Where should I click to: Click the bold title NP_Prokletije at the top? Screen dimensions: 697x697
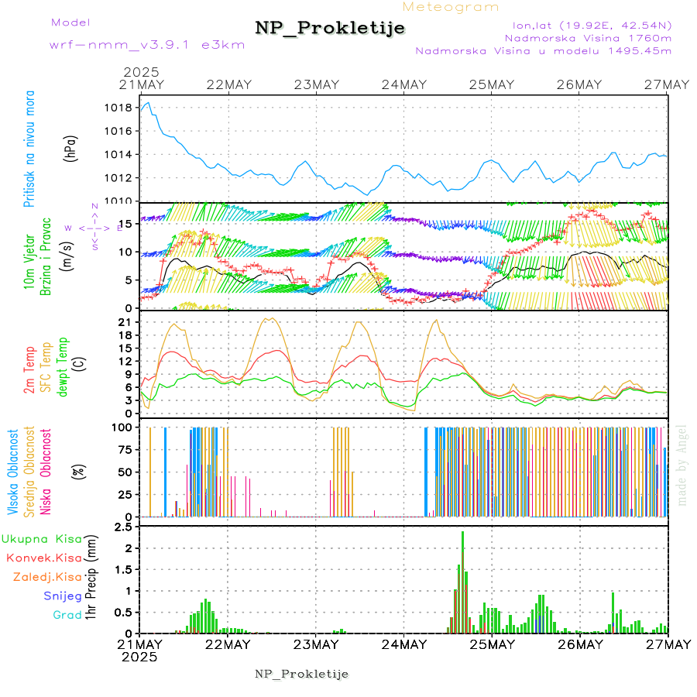(x=330, y=29)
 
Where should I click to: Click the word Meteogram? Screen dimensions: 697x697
(x=451, y=7)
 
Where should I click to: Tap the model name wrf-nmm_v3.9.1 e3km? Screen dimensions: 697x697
(x=146, y=44)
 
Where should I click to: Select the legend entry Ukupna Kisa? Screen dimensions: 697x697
(x=42, y=538)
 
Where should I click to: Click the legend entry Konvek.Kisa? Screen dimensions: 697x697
(x=43, y=558)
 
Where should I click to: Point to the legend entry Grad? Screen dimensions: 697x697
(x=67, y=615)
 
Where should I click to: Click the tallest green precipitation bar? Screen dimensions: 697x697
(x=463, y=581)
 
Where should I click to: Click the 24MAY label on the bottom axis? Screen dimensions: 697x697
(x=403, y=644)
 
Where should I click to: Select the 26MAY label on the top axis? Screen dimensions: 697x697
(x=579, y=84)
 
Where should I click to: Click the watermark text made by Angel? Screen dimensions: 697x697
(x=682, y=465)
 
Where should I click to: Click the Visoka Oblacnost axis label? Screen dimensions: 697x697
(x=12, y=473)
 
